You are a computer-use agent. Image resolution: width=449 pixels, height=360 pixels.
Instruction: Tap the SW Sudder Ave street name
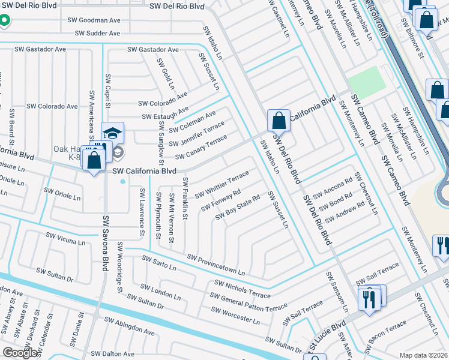click(98, 34)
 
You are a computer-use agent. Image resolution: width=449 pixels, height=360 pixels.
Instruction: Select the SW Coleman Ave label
click(192, 122)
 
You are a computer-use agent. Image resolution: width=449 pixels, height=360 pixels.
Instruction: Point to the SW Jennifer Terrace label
click(196, 134)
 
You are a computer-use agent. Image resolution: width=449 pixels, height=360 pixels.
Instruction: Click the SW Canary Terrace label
click(201, 148)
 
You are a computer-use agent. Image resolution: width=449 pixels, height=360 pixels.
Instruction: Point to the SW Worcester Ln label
click(235, 316)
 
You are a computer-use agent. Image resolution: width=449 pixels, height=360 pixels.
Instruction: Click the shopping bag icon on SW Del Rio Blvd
click(279, 121)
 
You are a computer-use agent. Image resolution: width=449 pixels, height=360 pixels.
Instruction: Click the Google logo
click(20, 353)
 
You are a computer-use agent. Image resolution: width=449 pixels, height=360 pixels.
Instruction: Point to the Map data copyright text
click(423, 355)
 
